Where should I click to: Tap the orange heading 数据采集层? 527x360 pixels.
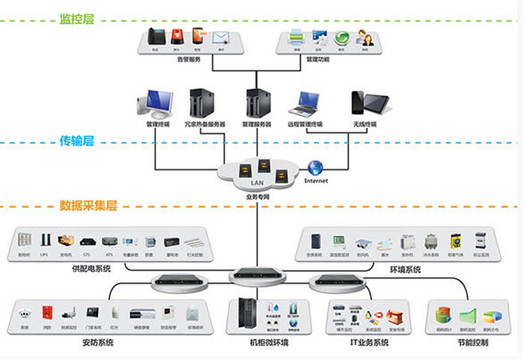coord(88,205)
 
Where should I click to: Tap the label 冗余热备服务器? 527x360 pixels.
coord(204,124)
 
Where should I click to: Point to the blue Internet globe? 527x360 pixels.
coord(316,167)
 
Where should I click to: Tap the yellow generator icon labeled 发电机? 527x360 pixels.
coord(66,241)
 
